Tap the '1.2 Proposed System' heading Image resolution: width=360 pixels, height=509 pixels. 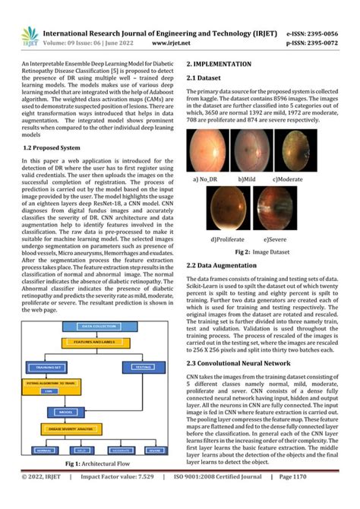coord(54,147)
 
